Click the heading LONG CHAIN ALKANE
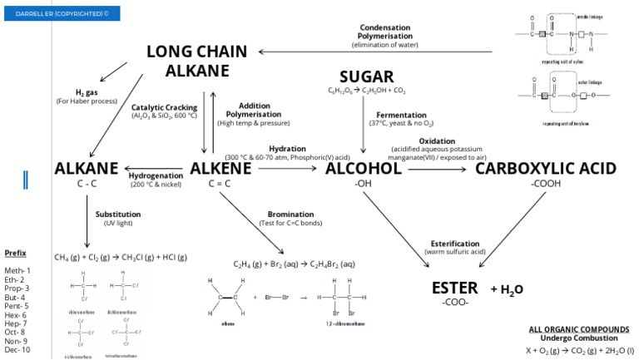196,62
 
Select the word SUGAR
367,76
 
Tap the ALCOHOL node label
364,169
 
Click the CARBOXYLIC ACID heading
545,169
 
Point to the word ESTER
455,288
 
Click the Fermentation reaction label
401,115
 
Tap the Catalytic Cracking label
164,107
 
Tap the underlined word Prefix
15,253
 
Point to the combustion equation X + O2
578,350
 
